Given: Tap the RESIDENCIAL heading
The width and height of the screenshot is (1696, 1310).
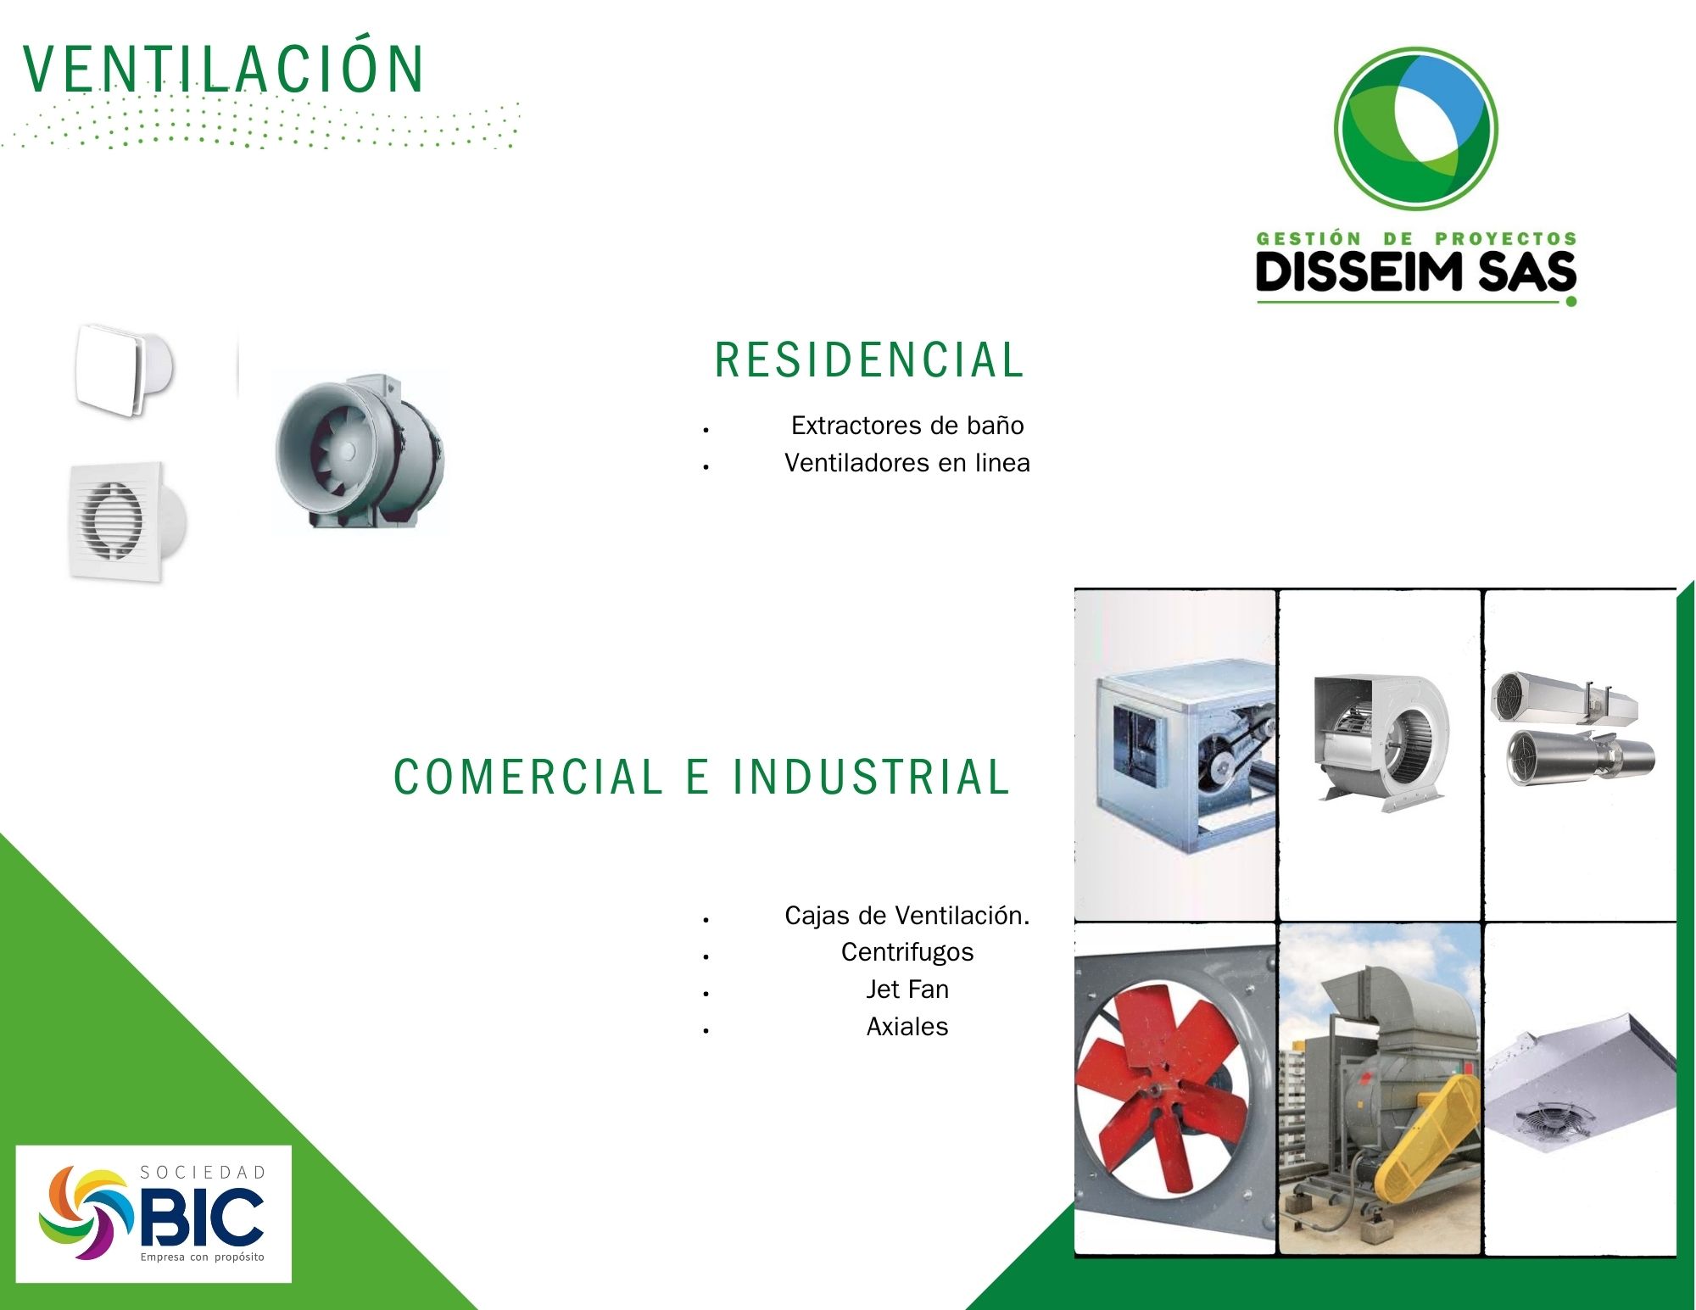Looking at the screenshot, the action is coord(870,360).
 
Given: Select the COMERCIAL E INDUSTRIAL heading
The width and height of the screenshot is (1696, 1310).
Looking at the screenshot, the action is coord(702,777).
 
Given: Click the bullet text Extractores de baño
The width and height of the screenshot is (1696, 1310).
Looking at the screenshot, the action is coord(907,426).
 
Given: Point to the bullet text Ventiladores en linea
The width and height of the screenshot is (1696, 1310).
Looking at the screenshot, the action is coord(907,463).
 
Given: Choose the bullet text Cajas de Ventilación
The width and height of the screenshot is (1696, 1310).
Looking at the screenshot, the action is coord(907,916).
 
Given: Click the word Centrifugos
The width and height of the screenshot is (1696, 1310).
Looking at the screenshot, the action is coord(907,952).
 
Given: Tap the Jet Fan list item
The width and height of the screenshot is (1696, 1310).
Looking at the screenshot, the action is coord(907,989).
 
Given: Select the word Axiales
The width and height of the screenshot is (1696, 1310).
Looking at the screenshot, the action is coord(907,1027).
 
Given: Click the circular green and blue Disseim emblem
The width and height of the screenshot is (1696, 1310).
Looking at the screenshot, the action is coord(1415,129).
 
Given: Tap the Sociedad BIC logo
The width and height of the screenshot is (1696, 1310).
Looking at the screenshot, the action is coord(153,1214).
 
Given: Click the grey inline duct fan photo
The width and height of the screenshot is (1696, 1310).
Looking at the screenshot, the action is coord(360,450).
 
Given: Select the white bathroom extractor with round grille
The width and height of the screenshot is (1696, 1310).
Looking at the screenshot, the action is coord(127,521).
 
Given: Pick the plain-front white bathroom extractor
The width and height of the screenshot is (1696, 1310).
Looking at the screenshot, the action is coord(125,369).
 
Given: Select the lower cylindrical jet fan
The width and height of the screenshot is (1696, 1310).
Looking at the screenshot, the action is coord(1579,756).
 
